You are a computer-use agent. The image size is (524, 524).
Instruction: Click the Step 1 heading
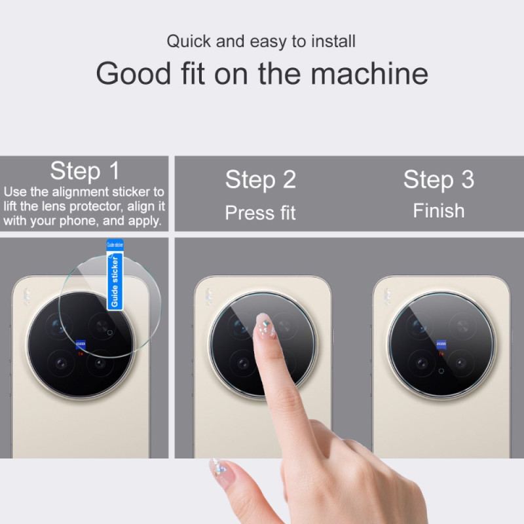tap(85, 172)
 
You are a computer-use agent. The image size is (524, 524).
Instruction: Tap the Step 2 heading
tap(261, 180)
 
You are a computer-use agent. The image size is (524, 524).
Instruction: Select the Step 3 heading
tap(438, 179)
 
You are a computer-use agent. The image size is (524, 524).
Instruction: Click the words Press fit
tap(261, 213)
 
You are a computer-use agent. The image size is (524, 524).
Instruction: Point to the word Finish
tap(438, 211)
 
